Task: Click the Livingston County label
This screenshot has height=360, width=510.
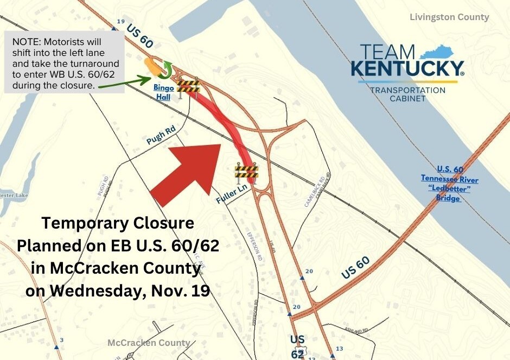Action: pos(450,17)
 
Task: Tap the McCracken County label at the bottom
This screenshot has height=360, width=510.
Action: pos(149,343)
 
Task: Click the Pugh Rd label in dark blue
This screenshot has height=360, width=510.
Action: pos(161,136)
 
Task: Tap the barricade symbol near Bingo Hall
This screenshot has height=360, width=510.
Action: pos(189,86)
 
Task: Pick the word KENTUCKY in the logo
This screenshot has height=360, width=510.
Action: pos(406,69)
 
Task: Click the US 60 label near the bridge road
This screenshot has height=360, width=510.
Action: pos(356,268)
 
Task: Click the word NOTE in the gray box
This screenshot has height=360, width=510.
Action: pos(24,41)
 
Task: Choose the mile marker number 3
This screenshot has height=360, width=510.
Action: pos(61,340)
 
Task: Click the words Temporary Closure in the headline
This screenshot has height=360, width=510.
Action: pos(118,223)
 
